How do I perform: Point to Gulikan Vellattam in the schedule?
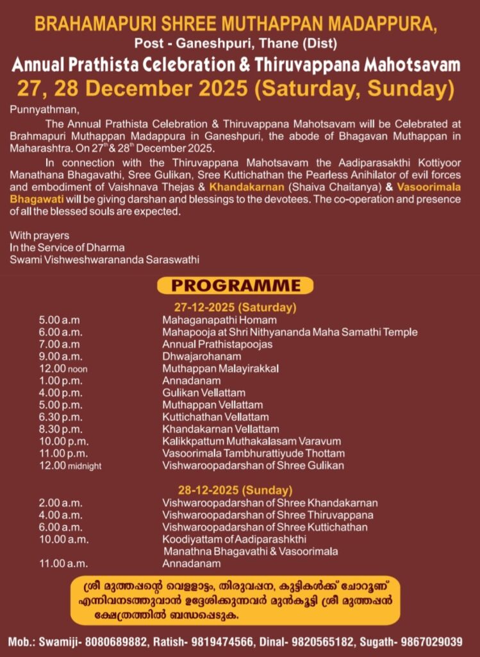(204, 393)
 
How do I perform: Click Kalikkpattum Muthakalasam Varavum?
(251, 441)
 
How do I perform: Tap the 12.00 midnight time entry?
(70, 466)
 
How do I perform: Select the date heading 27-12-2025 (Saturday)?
(235, 306)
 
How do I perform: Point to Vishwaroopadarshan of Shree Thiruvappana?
(268, 515)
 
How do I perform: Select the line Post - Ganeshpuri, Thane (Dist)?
(240, 44)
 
